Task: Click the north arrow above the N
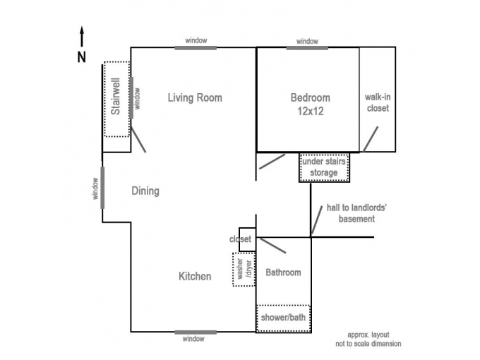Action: [x=82, y=37]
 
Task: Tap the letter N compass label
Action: [x=81, y=57]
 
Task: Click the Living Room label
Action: [x=195, y=98]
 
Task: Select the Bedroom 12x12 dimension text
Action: [x=311, y=111]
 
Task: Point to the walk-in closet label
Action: [x=378, y=102]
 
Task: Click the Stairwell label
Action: [x=116, y=97]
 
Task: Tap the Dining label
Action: [x=145, y=191]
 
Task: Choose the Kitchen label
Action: [x=195, y=277]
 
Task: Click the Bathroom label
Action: [x=283, y=272]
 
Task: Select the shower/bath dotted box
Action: [x=284, y=318]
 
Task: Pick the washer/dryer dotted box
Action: [x=244, y=270]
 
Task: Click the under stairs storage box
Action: [x=324, y=167]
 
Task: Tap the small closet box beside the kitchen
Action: [x=247, y=239]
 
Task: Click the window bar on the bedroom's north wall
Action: [x=307, y=48]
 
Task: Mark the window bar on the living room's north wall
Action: [x=196, y=48]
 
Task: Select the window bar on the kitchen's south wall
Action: [x=196, y=332]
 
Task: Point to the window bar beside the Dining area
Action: [x=102, y=188]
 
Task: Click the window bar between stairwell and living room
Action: [x=131, y=97]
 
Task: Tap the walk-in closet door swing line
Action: [x=371, y=139]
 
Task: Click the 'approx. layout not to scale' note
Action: [x=368, y=340]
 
